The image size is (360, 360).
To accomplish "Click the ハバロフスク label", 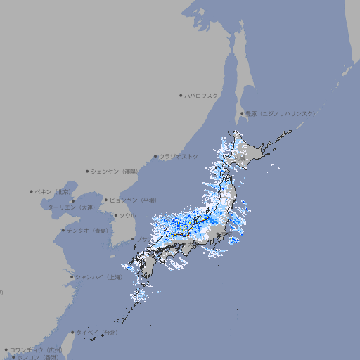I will pos(202,95).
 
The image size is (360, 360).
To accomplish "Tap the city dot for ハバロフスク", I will pos(181,95).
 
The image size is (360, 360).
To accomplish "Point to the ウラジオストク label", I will pos(179,156).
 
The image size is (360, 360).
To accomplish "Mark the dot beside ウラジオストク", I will pos(155,156).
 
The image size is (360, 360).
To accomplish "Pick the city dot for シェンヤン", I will pos(87,171).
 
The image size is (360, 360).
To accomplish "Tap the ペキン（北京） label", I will pos(54,191).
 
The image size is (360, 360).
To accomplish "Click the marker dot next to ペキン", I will pos(32,191).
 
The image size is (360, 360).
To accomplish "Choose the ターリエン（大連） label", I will pos(70,207).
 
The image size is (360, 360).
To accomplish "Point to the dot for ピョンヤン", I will pos(106,200).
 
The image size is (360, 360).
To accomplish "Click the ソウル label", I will pos(127,215).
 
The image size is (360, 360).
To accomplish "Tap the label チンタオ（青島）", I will pos(87,231).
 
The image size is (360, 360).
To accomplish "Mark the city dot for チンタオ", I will pos(63,231).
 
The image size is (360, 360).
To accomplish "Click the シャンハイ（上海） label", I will pos(99,277).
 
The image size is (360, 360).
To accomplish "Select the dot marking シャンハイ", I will pos(72,277).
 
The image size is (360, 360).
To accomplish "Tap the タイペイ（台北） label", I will pos(97,333).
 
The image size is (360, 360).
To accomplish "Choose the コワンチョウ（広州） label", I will pos(35,349).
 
